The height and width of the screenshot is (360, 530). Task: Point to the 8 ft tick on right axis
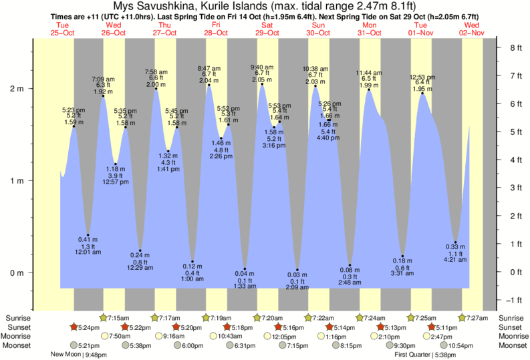point(515,48)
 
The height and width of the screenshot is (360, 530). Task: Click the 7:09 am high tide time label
point(104,78)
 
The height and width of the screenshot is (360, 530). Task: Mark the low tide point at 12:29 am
point(140,250)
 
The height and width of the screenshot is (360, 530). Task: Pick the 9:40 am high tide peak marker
point(262,84)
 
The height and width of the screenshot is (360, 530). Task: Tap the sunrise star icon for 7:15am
point(104,318)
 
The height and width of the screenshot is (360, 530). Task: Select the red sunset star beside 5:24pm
point(75,327)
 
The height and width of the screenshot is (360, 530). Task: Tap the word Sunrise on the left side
point(19,318)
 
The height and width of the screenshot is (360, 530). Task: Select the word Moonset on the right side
point(512,346)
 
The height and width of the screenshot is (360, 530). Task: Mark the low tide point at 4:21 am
point(455,242)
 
